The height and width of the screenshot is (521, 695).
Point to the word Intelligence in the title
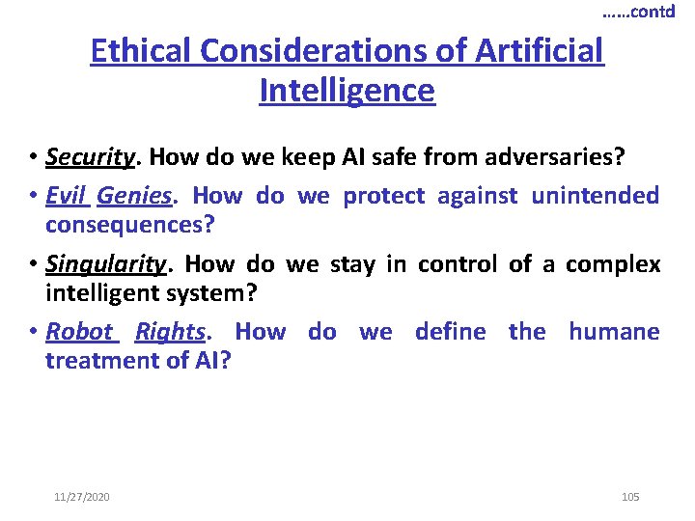pyautogui.click(x=347, y=91)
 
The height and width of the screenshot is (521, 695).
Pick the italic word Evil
pyautogui.click(x=66, y=196)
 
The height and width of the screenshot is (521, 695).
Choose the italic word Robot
pyautogui.click(x=79, y=332)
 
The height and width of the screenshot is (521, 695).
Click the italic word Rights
pyautogui.click(x=170, y=332)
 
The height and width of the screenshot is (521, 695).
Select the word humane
pyautogui.click(x=614, y=332)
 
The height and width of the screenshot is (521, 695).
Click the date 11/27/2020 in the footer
pyautogui.click(x=82, y=497)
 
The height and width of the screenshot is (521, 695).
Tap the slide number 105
pyautogui.click(x=630, y=497)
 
